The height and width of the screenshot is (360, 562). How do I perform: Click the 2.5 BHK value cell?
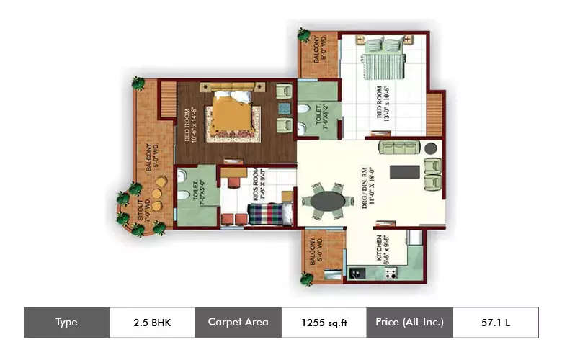tap(151, 322)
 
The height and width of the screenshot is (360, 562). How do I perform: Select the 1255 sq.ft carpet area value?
tap(324, 322)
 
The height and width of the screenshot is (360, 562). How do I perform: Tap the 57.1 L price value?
tap(495, 322)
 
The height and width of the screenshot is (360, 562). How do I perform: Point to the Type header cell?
tap(66, 322)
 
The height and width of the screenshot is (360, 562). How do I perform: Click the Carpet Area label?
tap(238, 322)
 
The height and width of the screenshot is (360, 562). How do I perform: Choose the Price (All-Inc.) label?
tap(409, 322)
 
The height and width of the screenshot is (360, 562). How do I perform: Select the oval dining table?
tap(328, 199)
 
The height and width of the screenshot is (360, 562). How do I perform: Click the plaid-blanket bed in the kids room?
tap(268, 215)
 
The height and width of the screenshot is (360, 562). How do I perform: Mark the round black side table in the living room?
tap(430, 148)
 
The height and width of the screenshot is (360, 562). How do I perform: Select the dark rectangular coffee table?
tap(403, 173)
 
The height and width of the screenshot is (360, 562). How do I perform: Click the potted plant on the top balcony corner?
tap(305, 34)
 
